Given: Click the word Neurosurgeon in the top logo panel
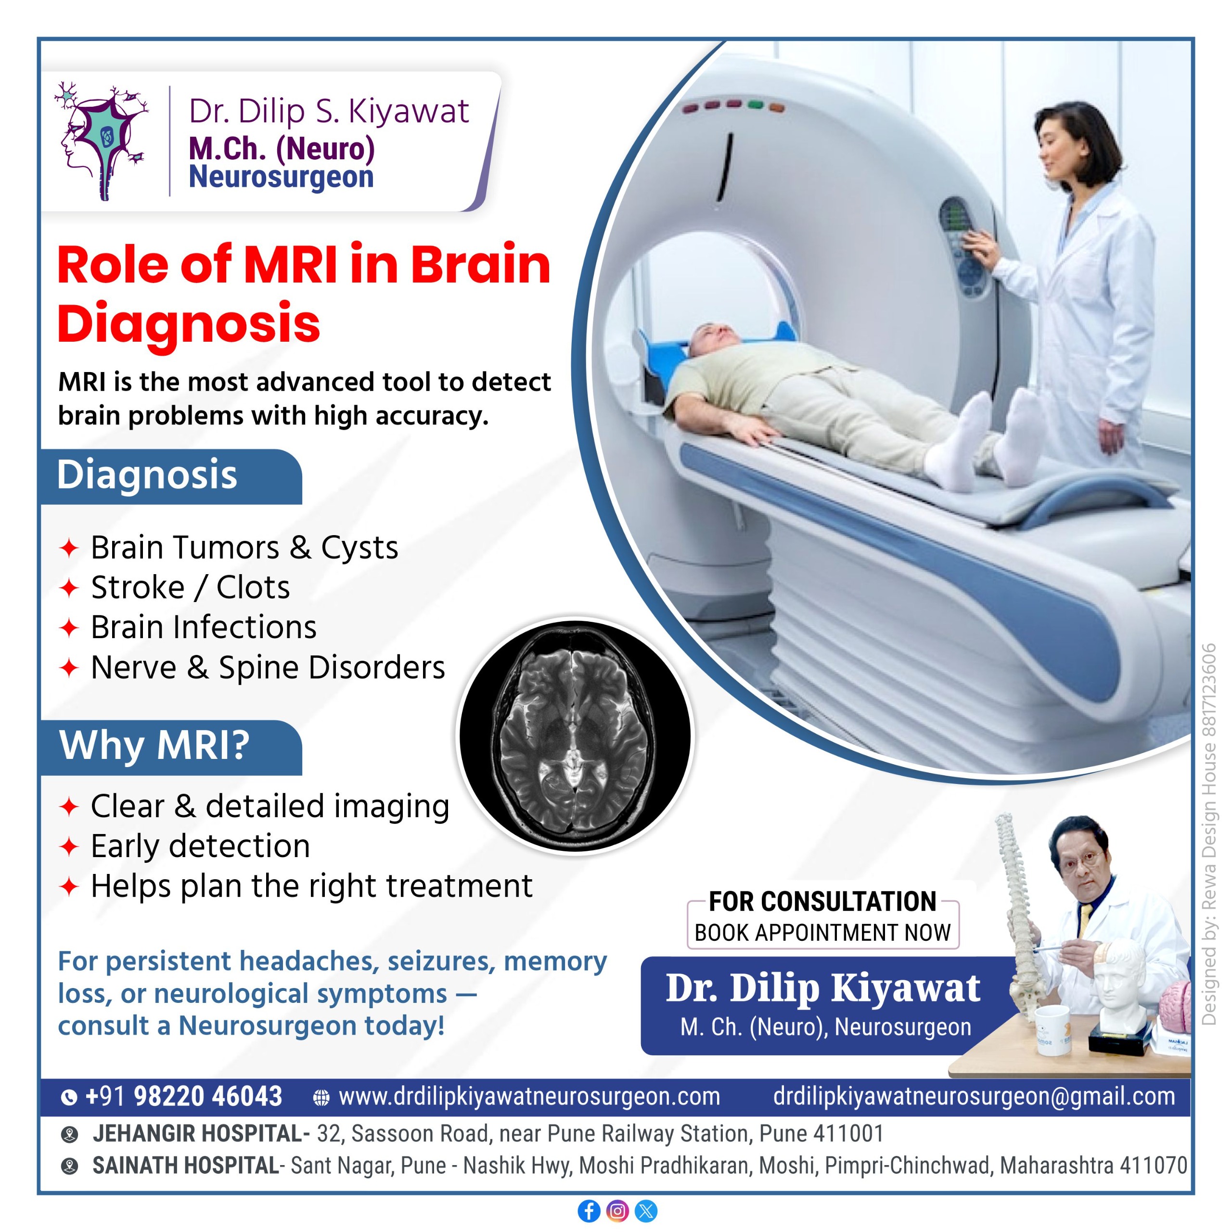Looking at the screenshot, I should tap(281, 177).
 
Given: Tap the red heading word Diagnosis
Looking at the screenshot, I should tap(189, 323).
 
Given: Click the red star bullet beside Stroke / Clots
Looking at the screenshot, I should tap(69, 588).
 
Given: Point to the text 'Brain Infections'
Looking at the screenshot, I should tap(204, 628).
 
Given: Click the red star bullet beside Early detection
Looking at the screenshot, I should tap(69, 847).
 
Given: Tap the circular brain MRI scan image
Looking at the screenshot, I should tap(575, 736).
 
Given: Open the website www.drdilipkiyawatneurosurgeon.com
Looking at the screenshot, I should tap(529, 1096).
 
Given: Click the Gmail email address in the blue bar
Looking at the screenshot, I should tap(974, 1096).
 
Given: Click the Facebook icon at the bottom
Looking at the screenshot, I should tap(589, 1211).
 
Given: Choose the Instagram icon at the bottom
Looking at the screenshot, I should tap(617, 1211).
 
